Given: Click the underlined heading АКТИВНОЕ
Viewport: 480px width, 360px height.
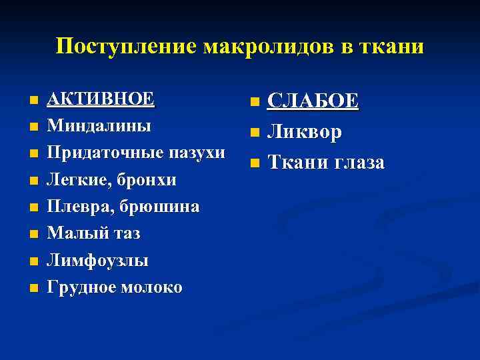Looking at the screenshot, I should click(x=101, y=99).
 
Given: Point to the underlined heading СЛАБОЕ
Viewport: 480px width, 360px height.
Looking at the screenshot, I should click(x=313, y=101).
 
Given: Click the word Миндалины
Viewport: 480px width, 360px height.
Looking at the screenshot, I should click(x=99, y=125).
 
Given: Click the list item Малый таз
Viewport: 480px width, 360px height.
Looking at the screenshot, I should click(x=94, y=234).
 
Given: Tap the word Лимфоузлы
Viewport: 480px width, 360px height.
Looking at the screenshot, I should click(x=98, y=261).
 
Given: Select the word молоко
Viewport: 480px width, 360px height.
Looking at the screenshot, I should click(x=151, y=287).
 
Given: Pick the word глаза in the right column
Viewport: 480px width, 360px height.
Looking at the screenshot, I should click(x=355, y=163).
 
